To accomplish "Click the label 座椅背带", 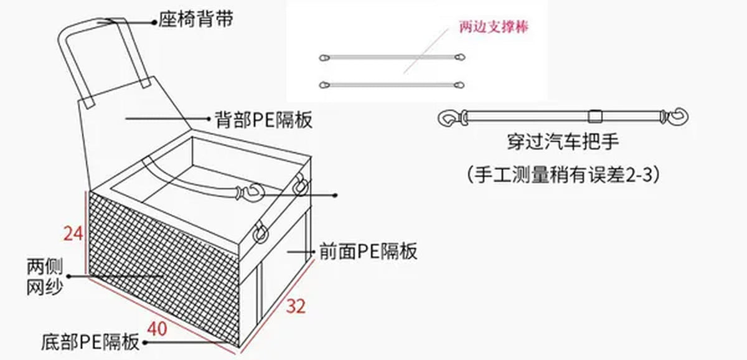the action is [195, 19].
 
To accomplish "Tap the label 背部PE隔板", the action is [263, 120].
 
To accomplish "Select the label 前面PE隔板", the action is [368, 251].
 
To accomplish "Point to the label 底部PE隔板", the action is [90, 342].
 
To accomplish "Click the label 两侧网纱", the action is [45, 277].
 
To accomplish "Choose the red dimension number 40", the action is [157, 329].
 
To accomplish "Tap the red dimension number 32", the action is [296, 306].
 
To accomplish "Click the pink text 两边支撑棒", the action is [494, 27].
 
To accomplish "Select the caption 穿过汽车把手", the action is [563, 141].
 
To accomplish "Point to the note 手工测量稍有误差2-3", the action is [563, 174].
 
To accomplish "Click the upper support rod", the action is [392, 57].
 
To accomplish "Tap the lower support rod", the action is [392, 85].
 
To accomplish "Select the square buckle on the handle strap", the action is [594, 116].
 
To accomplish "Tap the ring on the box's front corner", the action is [261, 232].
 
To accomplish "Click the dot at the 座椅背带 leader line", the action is [154, 22].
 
